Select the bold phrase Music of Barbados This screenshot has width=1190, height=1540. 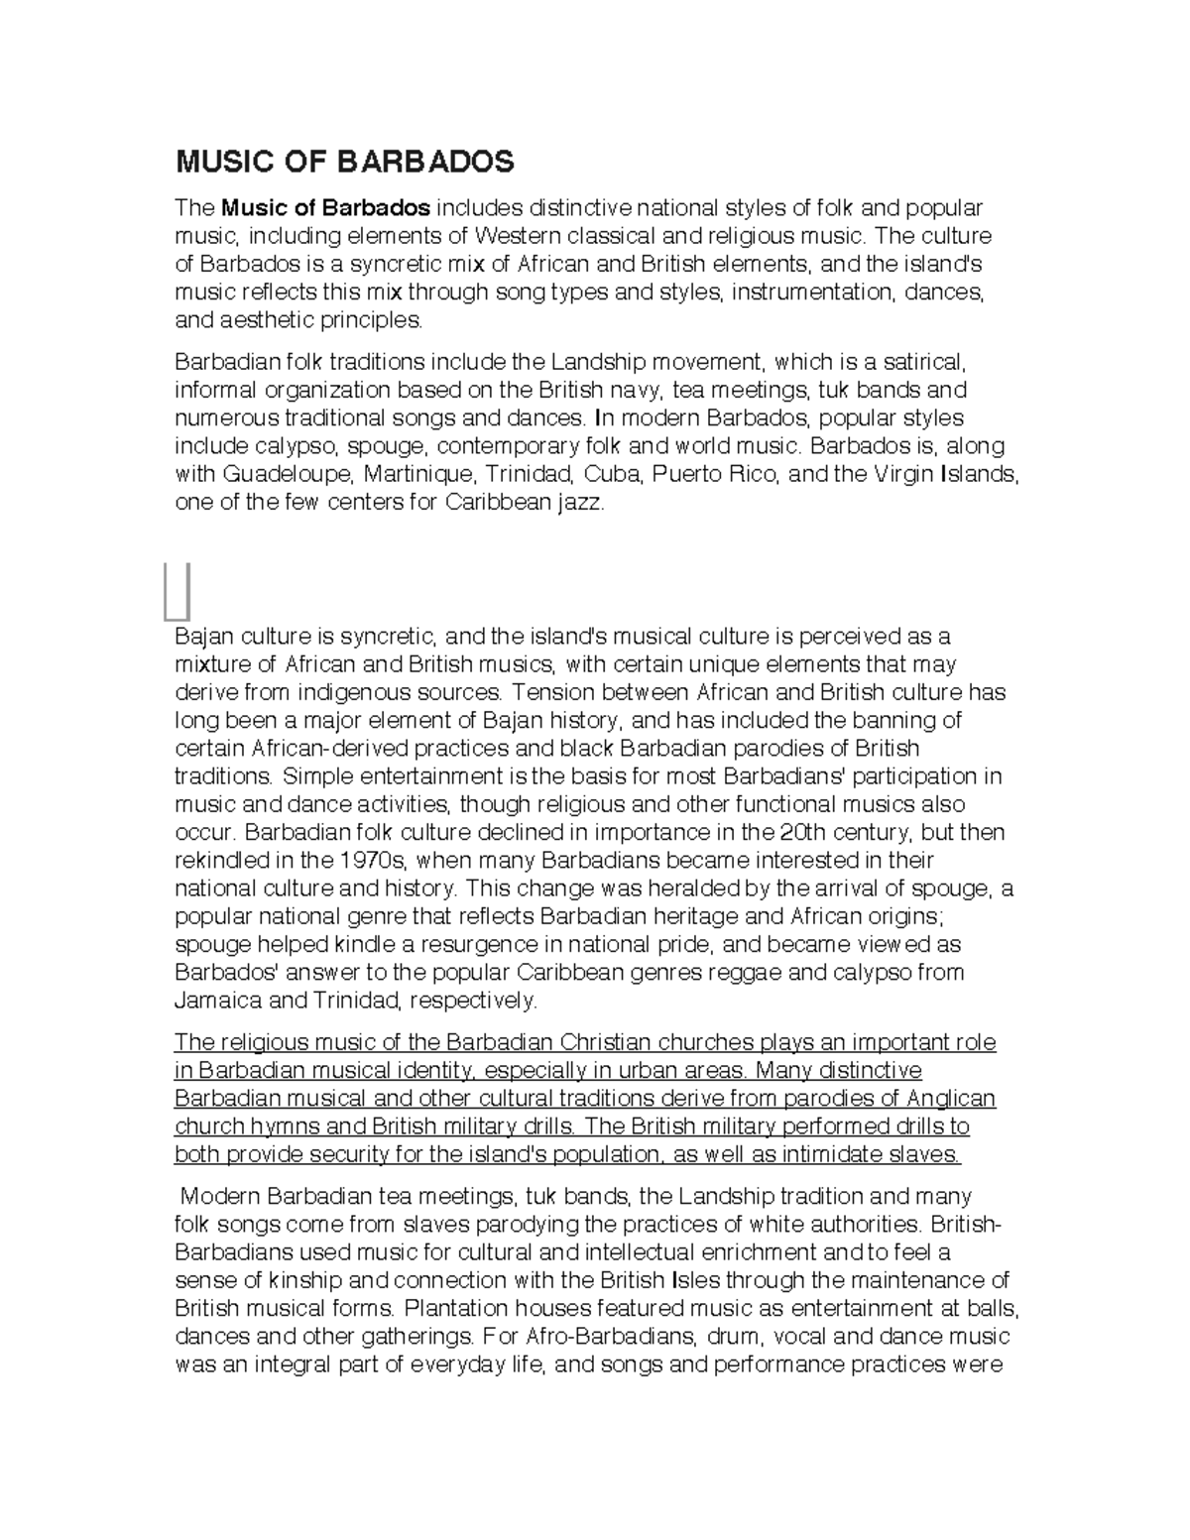click(326, 208)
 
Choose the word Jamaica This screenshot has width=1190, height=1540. click(218, 1000)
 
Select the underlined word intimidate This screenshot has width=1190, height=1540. click(842, 1154)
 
